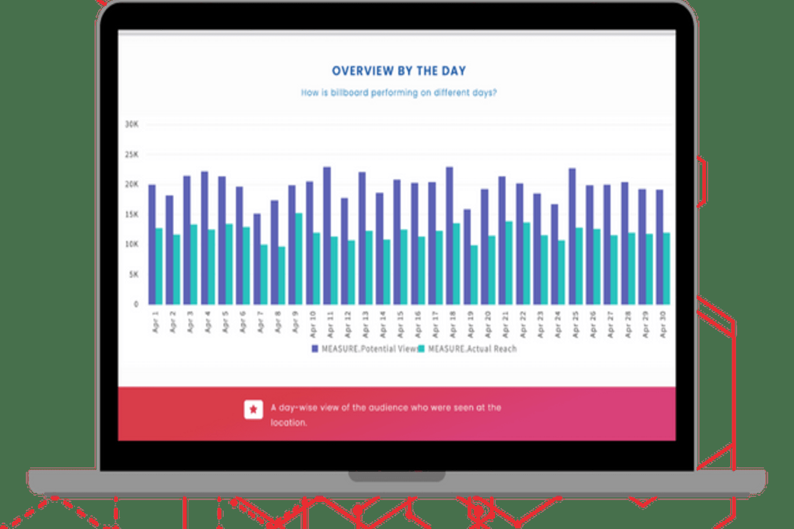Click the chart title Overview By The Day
[399, 71]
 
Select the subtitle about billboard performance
[399, 93]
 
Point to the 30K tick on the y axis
[131, 124]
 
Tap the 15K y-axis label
[131, 214]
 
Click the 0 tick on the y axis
[136, 304]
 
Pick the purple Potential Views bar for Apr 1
[152, 244]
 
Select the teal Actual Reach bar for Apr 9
[299, 259]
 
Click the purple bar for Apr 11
[327, 236]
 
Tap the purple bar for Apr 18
[450, 236]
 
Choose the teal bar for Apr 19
[474, 275]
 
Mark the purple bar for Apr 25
[572, 236]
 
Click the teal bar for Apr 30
[666, 269]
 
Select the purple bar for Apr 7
[257, 259]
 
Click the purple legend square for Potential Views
[315, 349]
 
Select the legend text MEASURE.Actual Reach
[472, 349]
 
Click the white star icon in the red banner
[253, 409]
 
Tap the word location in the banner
[288, 423]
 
